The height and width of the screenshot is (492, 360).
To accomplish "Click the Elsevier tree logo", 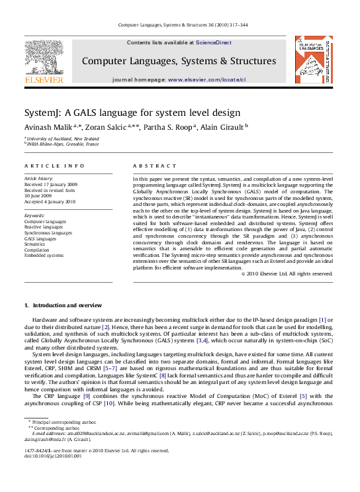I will [44, 60].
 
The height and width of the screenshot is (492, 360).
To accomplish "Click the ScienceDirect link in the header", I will [213, 42].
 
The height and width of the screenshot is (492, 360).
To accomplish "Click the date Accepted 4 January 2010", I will [50, 201].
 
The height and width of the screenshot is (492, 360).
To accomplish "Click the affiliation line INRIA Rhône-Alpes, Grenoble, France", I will [63, 143].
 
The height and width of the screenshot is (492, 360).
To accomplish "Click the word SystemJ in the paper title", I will [42, 112].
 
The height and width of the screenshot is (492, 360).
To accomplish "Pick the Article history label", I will [40, 179].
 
